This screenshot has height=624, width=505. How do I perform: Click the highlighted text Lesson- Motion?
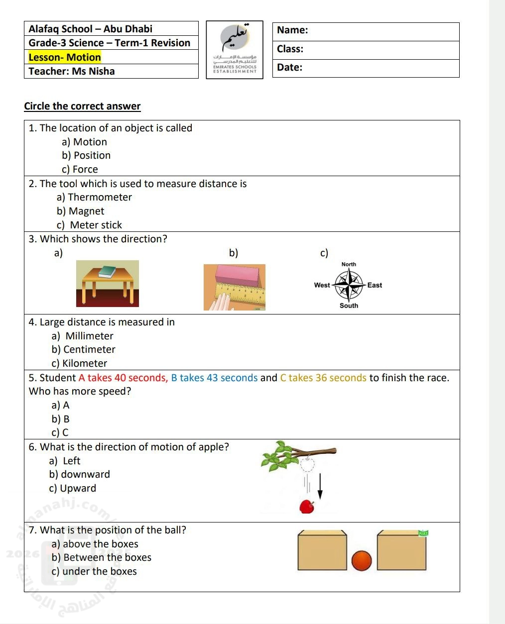pos(65,57)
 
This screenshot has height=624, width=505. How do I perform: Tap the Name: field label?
pos(292,30)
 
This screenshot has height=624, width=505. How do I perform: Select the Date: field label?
pos(290,68)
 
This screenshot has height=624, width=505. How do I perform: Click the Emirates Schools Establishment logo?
pos(235,50)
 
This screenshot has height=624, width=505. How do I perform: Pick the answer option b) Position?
pos(86,156)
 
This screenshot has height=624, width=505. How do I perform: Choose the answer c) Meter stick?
pos(89,225)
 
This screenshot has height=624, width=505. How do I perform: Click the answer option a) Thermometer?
pos(94,198)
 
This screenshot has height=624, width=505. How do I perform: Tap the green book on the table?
pos(107,272)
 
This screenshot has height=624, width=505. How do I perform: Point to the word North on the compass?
pos(349,264)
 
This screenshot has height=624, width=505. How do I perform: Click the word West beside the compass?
pos(322,285)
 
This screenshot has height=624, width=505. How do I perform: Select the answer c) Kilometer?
pos(79,364)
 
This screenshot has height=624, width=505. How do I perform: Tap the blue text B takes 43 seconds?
pos(214,378)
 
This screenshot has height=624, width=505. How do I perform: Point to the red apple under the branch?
pos(307,507)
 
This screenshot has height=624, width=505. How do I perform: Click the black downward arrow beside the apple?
pos(320,486)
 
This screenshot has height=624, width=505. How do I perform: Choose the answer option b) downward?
pos(80,475)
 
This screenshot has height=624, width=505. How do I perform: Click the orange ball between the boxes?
pos(362,561)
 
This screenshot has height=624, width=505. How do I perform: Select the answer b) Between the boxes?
pos(101,558)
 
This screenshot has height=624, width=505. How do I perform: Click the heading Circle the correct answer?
pos(82,106)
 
